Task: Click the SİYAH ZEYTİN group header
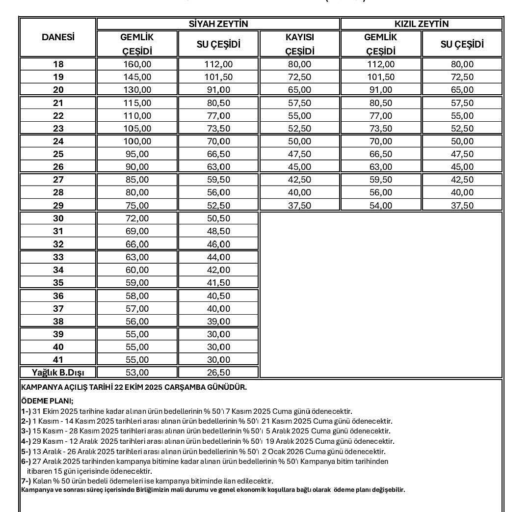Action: tap(218, 24)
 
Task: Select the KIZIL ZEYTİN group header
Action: tap(422, 24)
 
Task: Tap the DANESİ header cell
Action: tap(58, 37)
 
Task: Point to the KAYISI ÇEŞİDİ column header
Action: tap(299, 44)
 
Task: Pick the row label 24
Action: tap(58, 141)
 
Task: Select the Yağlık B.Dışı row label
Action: tap(58, 373)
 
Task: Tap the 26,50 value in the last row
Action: tap(218, 373)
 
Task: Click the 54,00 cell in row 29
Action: tap(380, 206)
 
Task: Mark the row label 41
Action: tap(58, 360)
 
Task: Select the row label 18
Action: tap(58, 64)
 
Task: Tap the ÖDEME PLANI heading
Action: tap(47, 401)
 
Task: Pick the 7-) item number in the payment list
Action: tap(26, 481)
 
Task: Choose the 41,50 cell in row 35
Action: tap(218, 283)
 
